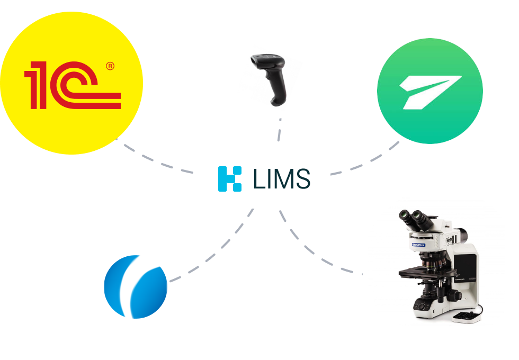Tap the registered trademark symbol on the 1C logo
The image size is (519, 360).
(110, 66)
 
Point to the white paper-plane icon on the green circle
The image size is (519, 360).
(429, 90)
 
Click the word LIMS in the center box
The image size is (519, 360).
(281, 178)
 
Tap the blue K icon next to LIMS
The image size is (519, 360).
(230, 178)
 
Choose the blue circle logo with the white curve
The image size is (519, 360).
(136, 286)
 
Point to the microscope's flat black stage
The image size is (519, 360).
(424, 273)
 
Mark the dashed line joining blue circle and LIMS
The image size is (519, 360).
(212, 254)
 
